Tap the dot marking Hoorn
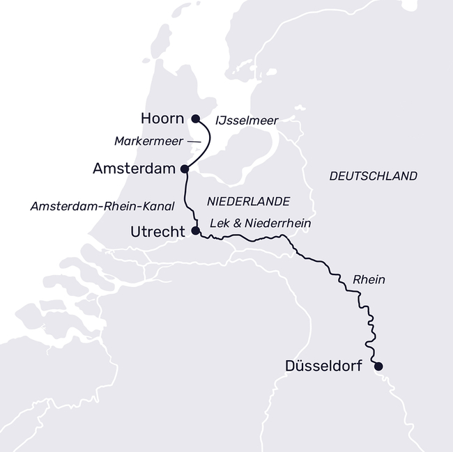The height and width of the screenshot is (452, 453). pos(195,118)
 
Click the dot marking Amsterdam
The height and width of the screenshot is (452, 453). pos(185,169)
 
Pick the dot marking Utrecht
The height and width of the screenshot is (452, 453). pos(195,230)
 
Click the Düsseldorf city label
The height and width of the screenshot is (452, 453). pos(323,366)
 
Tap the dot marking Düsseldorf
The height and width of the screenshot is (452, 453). pos(378,366)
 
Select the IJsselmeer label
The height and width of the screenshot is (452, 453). pos(247,120)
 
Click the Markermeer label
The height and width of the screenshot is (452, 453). pos(148,141)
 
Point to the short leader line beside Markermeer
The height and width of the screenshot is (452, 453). pos(194,142)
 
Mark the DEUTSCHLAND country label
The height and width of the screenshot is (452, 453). pos(373,176)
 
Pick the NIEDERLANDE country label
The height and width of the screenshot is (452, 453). pos(248,201)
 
